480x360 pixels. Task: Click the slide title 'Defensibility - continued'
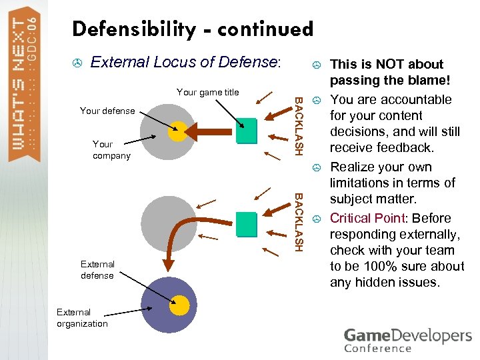tap(193, 29)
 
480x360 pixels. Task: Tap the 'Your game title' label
tap(207, 92)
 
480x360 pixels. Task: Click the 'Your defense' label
tap(107, 111)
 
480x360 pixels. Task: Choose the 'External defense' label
tap(97, 270)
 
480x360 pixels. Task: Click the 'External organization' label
tap(82, 318)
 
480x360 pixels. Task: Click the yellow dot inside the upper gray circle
tap(177, 131)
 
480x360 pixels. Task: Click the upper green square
tap(246, 130)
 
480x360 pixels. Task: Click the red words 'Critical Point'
tap(367, 218)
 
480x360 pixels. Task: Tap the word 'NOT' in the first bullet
tap(389, 64)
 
